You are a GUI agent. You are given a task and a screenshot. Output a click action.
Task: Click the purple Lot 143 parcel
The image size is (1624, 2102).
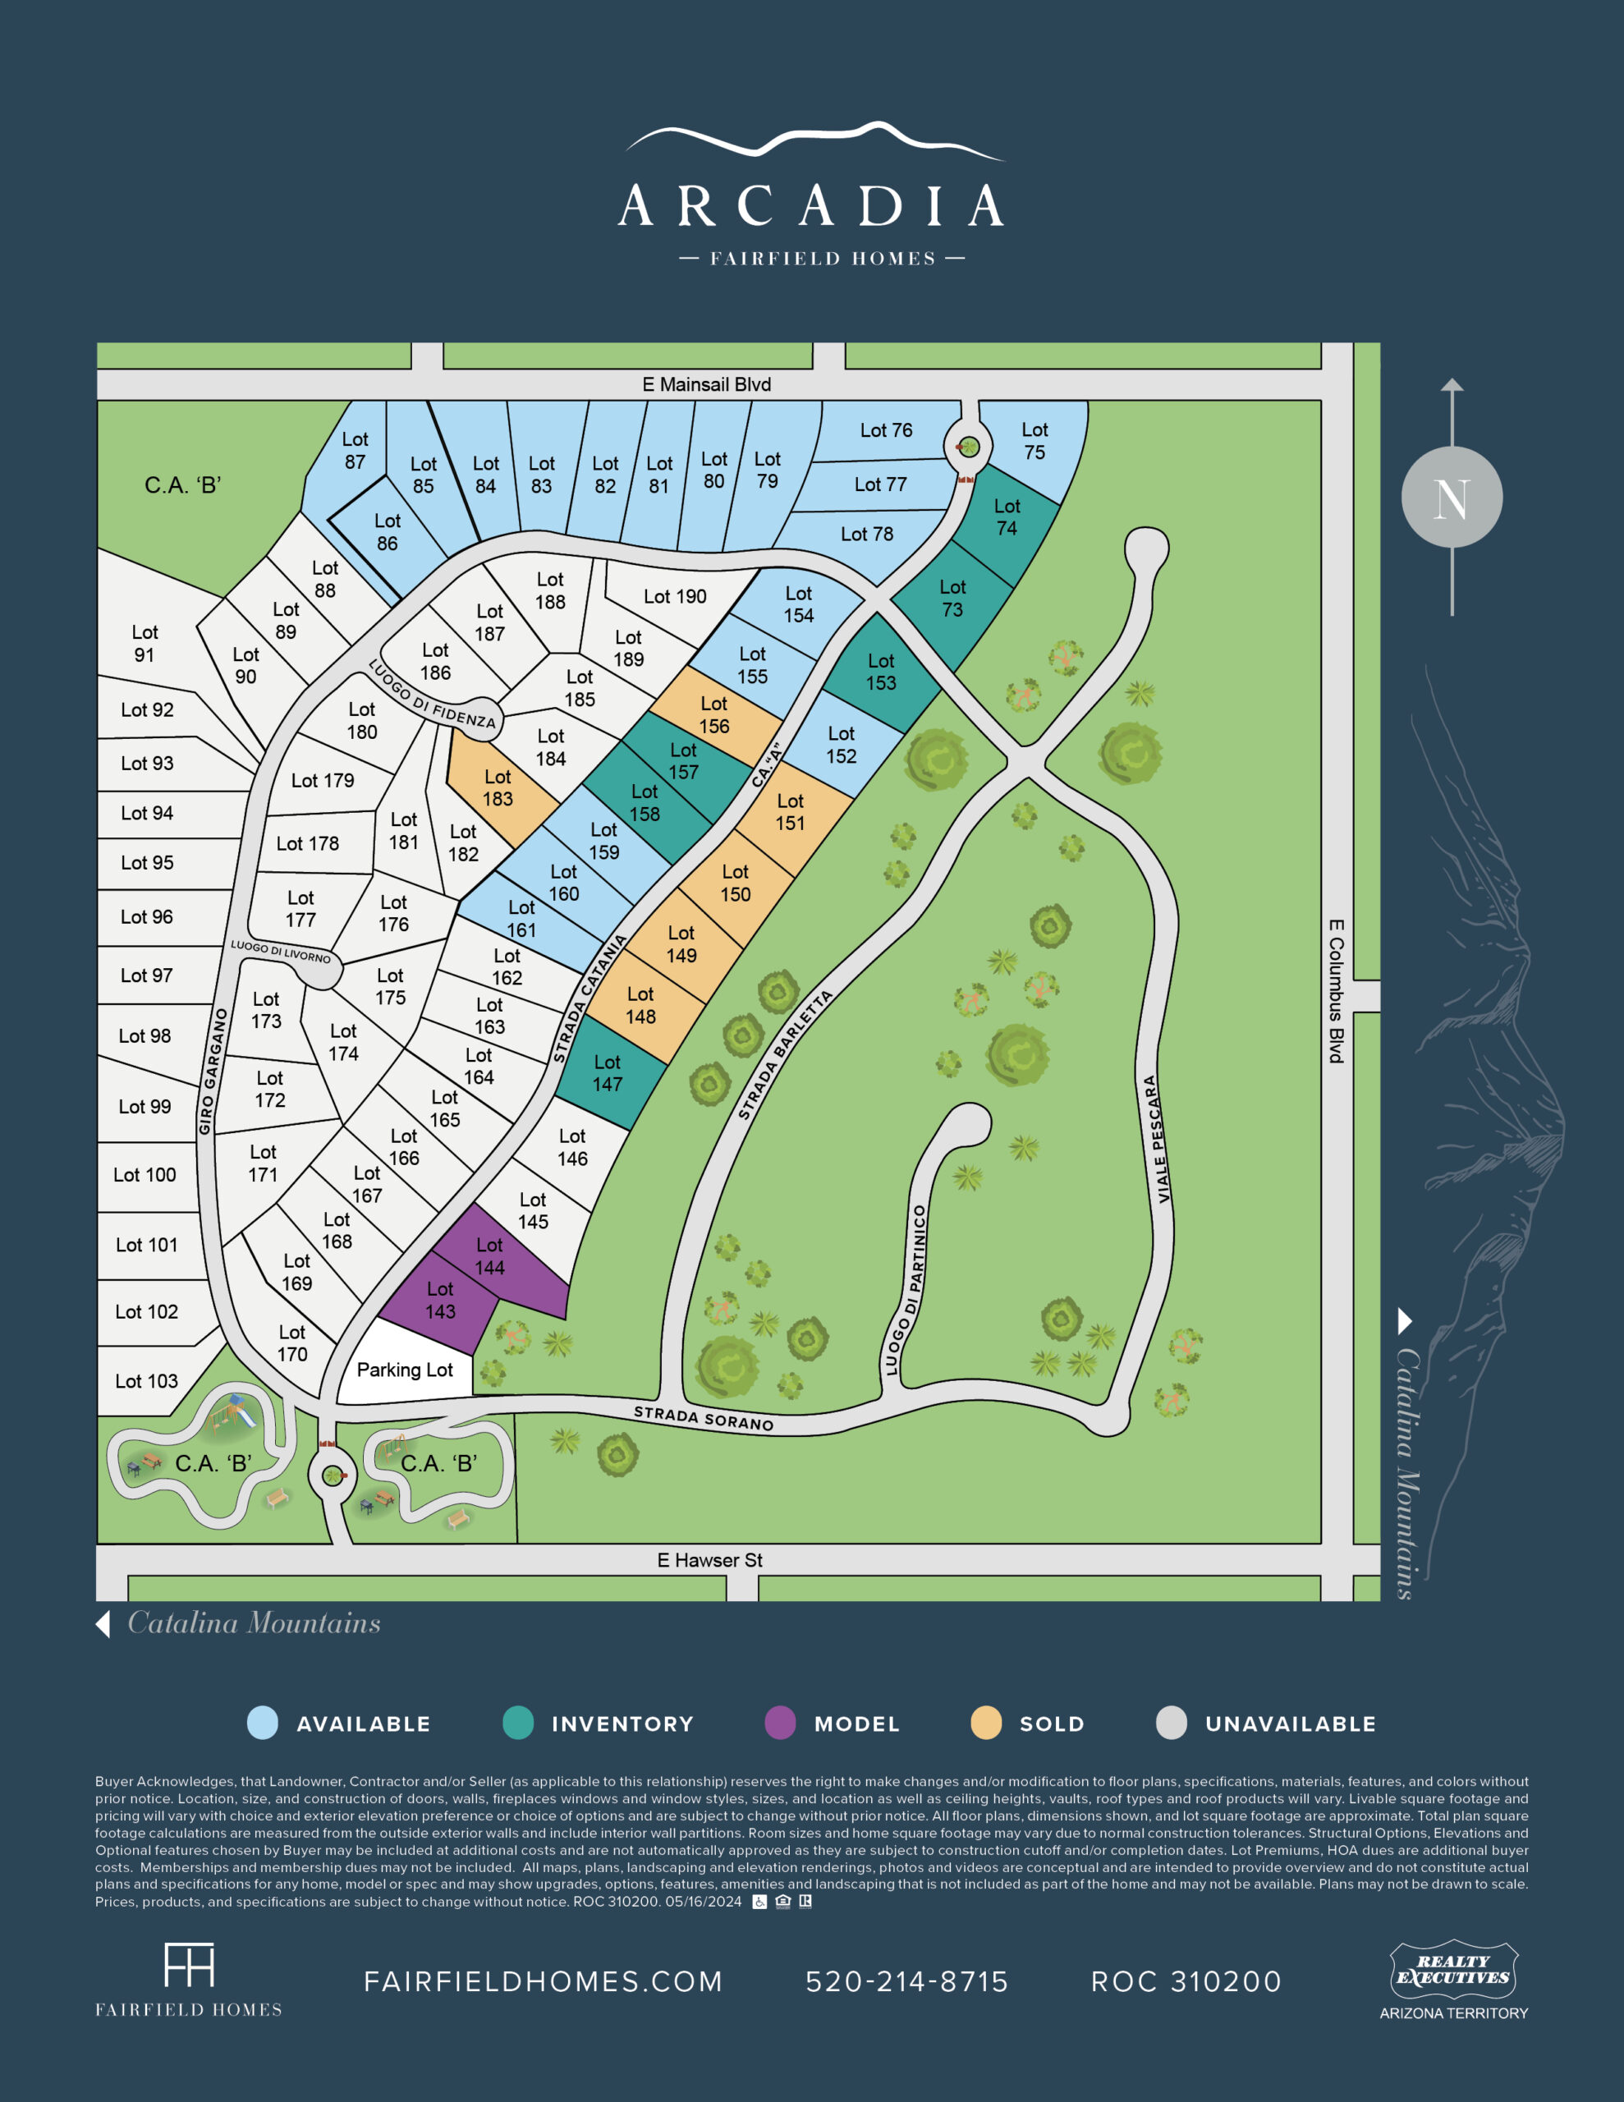(440, 1301)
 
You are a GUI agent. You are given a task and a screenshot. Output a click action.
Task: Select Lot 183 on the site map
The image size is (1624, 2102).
(497, 787)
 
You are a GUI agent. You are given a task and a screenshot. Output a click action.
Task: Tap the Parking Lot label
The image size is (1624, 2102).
(404, 1370)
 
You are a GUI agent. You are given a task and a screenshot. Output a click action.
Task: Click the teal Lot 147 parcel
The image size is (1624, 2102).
(607, 1073)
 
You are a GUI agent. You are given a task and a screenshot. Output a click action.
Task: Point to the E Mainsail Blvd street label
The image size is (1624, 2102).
(707, 384)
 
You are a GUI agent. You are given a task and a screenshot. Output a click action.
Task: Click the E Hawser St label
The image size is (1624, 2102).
(709, 1560)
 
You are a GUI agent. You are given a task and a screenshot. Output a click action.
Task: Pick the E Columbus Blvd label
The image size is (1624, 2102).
(1336, 991)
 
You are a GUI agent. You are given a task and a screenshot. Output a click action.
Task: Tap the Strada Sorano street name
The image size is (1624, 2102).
(703, 1419)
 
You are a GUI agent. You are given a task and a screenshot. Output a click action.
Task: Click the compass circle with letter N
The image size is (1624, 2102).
(1452, 498)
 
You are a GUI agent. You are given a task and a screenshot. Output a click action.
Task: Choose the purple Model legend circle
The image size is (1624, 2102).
(780, 1723)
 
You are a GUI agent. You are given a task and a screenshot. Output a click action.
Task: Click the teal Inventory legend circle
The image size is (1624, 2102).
(518, 1723)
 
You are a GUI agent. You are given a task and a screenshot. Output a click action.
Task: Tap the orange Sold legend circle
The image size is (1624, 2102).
(986, 1723)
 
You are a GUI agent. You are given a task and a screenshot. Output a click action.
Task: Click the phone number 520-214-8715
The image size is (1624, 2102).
(906, 1981)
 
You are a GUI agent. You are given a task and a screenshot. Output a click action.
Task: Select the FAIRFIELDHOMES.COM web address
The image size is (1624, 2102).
(543, 1981)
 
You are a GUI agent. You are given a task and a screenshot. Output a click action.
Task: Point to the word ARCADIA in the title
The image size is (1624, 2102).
(811, 206)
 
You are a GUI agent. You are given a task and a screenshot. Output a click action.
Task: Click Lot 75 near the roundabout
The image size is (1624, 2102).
(1034, 441)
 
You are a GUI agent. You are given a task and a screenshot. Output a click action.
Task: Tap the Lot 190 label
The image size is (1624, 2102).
(675, 597)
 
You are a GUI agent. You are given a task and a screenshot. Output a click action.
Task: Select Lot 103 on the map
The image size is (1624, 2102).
(146, 1381)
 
